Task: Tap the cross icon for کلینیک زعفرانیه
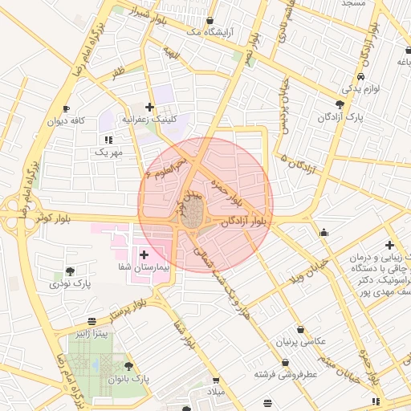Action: [149, 106]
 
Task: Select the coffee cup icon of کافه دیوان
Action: [66, 109]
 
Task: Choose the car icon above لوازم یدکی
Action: [361, 75]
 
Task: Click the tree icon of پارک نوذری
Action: [70, 271]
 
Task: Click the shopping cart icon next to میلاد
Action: [215, 380]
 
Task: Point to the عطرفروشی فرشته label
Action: [287, 374]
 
